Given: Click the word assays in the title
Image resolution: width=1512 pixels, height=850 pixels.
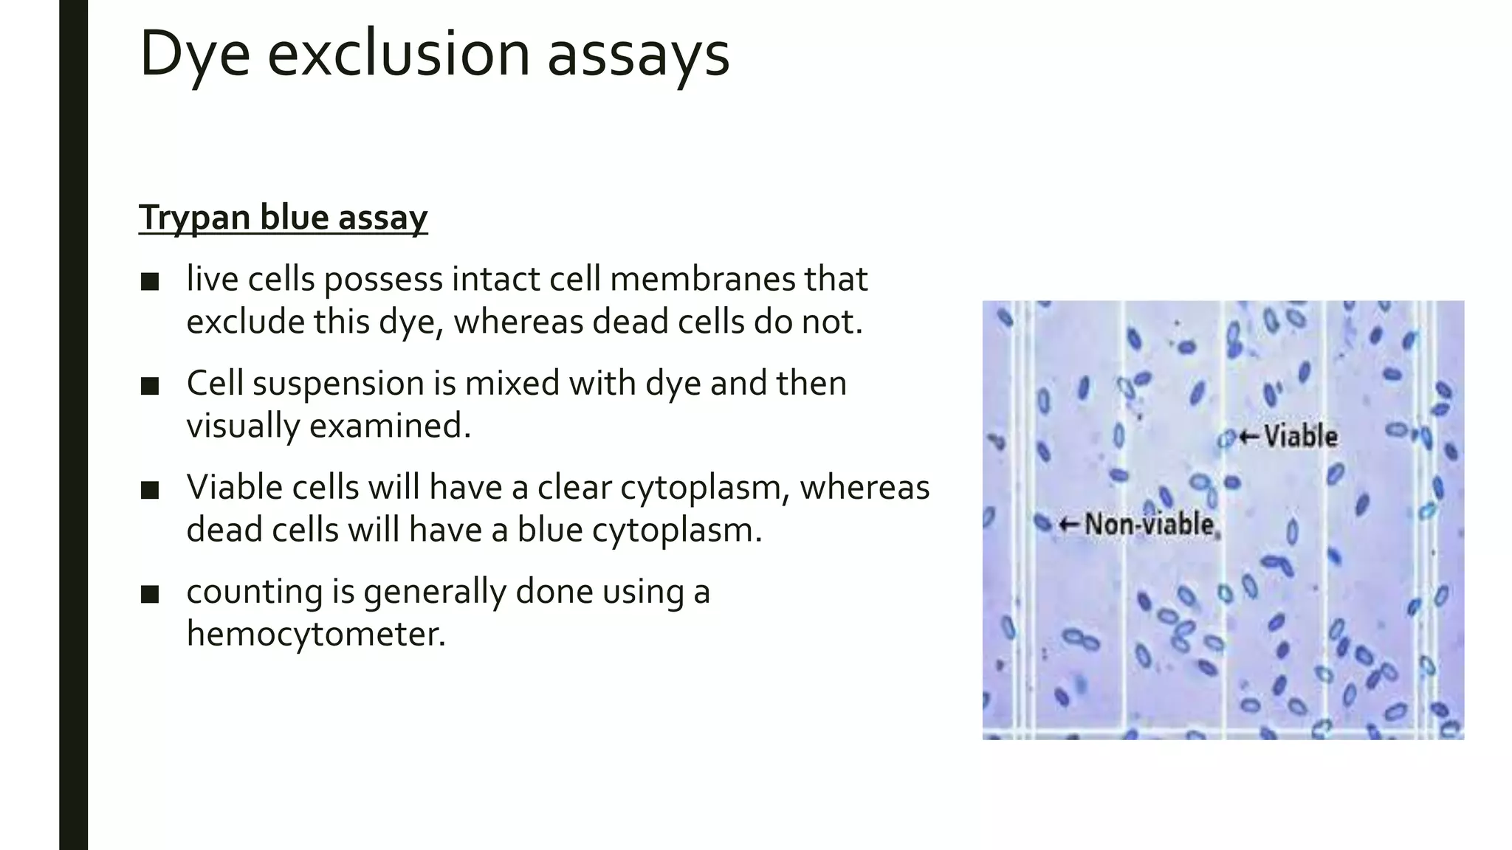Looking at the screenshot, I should (638, 55).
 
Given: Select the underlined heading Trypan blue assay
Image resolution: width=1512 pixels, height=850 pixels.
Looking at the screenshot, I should (283, 218).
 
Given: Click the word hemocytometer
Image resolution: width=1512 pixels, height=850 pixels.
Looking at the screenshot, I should (316, 634).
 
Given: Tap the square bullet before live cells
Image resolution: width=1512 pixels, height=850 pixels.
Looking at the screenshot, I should (150, 282).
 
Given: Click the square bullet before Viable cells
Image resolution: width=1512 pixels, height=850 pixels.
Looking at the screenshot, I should (150, 490).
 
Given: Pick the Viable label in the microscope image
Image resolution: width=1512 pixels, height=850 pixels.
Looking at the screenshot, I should (1300, 436).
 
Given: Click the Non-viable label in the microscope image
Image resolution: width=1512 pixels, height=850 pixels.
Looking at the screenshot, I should (1149, 525).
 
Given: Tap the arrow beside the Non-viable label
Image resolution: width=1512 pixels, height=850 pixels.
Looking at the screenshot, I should (1068, 525).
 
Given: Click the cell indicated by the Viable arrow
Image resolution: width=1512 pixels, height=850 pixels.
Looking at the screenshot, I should (1226, 439).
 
